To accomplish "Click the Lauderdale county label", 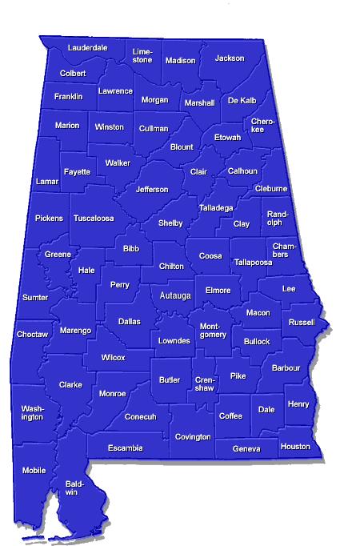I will [88, 48].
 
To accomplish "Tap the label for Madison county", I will [180, 61].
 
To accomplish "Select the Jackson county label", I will [230, 58].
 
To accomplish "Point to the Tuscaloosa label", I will [94, 218].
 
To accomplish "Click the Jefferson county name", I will [152, 190].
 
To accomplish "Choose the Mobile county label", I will [34, 470].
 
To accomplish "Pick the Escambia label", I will [126, 448].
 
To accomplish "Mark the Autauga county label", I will [176, 296].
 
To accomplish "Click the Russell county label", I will [302, 323].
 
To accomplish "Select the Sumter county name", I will [35, 297].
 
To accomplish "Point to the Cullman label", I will [154, 128].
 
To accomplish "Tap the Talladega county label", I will [216, 208].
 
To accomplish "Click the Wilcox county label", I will [114, 357].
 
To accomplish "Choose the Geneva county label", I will [246, 448].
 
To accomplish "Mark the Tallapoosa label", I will [254, 262].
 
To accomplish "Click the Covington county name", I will [193, 437].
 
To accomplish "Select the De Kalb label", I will [242, 101].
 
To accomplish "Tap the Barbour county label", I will [286, 368].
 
